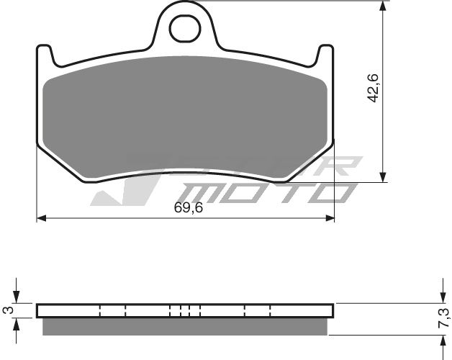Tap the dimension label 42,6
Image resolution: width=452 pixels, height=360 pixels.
[373, 89]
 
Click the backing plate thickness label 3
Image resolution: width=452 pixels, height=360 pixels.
[7, 310]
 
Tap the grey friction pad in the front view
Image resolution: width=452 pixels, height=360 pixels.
[186, 115]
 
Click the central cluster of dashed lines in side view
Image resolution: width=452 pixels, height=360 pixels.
[184, 310]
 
